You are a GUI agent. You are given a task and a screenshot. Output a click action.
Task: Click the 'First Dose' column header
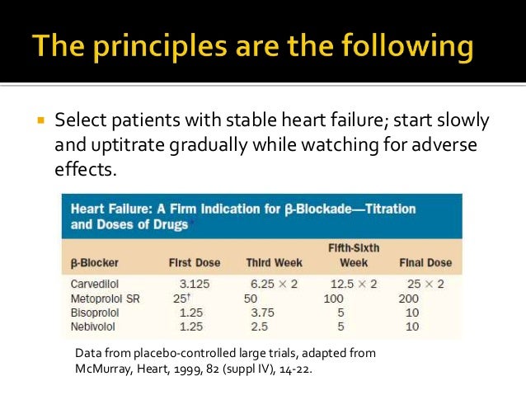coord(195,263)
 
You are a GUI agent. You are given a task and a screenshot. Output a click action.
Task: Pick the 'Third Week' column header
coord(274,263)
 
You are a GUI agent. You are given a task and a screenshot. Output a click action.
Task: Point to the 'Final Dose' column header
coord(425,263)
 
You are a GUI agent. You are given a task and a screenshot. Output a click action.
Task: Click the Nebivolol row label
coord(94,327)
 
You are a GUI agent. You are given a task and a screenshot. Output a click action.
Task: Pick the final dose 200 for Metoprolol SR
coord(409,298)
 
